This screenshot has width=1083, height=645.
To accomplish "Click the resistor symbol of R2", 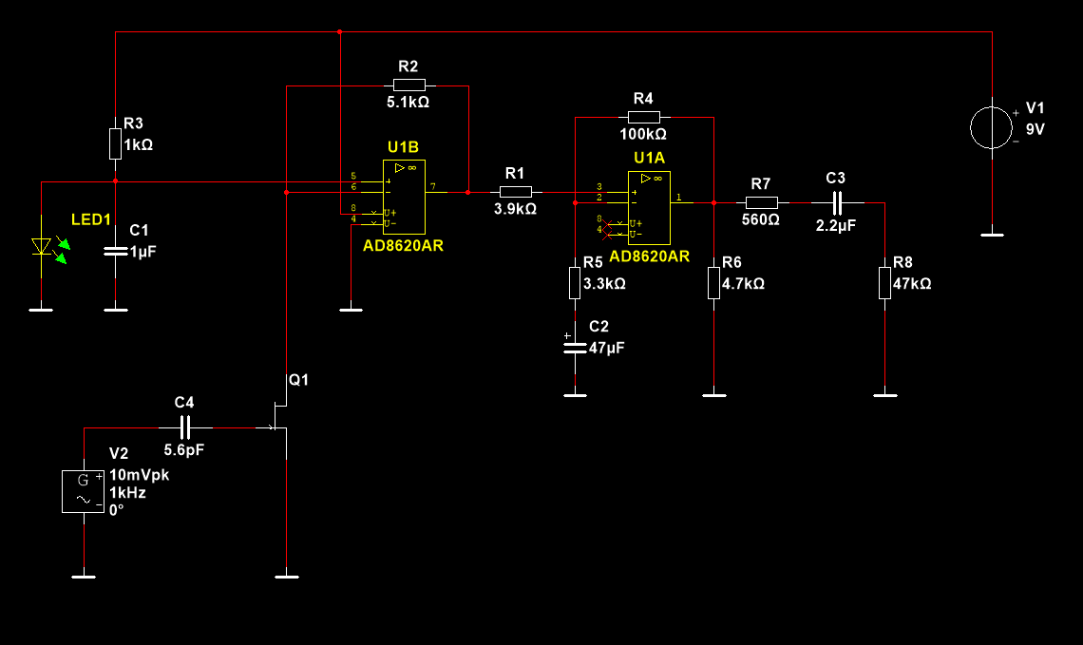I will coord(409,85).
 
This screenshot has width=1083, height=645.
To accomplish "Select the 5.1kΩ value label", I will coord(408,102).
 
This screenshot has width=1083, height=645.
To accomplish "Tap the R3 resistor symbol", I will coord(115,145).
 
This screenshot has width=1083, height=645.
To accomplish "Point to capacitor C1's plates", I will coord(115,251).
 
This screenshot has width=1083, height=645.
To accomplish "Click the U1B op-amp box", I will coord(404,197).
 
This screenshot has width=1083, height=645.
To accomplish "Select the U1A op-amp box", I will coord(650,207).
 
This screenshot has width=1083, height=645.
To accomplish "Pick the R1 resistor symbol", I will coord(515,192).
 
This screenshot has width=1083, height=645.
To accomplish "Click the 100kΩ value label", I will coord(643,134).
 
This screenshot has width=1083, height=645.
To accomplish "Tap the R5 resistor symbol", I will coord(575,282).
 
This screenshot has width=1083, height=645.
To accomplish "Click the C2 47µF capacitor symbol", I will coord(573,347).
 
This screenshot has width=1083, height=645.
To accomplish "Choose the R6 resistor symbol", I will coord(713,282).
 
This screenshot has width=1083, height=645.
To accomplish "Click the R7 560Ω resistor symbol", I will coord(761,202).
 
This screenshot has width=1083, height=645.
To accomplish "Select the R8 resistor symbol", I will coord(884,282).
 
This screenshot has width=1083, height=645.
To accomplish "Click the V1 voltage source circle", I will coord(992,128).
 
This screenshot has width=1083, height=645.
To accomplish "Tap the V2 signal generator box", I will coord(83,491).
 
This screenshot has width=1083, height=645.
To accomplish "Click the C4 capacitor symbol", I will coord(184,427).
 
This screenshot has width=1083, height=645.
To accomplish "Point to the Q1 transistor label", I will coord(299,380).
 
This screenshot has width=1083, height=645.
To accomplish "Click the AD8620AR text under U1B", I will coord(404,245).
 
